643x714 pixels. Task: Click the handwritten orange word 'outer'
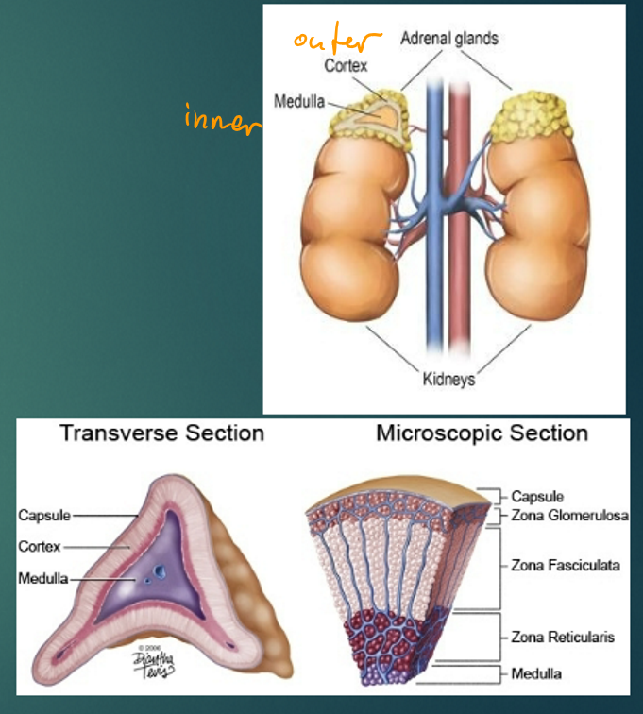(335, 41)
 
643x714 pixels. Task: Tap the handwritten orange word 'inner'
(219, 122)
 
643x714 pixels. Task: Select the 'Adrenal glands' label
(448, 39)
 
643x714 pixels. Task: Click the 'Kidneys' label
(448, 380)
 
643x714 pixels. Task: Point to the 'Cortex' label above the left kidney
(346, 66)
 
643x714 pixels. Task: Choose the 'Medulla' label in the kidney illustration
(301, 100)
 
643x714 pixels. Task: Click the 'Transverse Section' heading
(161, 433)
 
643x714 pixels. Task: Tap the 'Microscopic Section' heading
(482, 433)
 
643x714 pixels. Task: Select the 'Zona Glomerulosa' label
(569, 515)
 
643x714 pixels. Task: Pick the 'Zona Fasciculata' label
(566, 566)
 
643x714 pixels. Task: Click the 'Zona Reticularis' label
(563, 637)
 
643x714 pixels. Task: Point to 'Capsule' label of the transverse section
(44, 515)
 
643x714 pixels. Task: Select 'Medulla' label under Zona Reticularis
(535, 674)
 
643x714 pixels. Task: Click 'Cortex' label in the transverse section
(40, 547)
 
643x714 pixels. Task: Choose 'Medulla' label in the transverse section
(42, 578)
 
